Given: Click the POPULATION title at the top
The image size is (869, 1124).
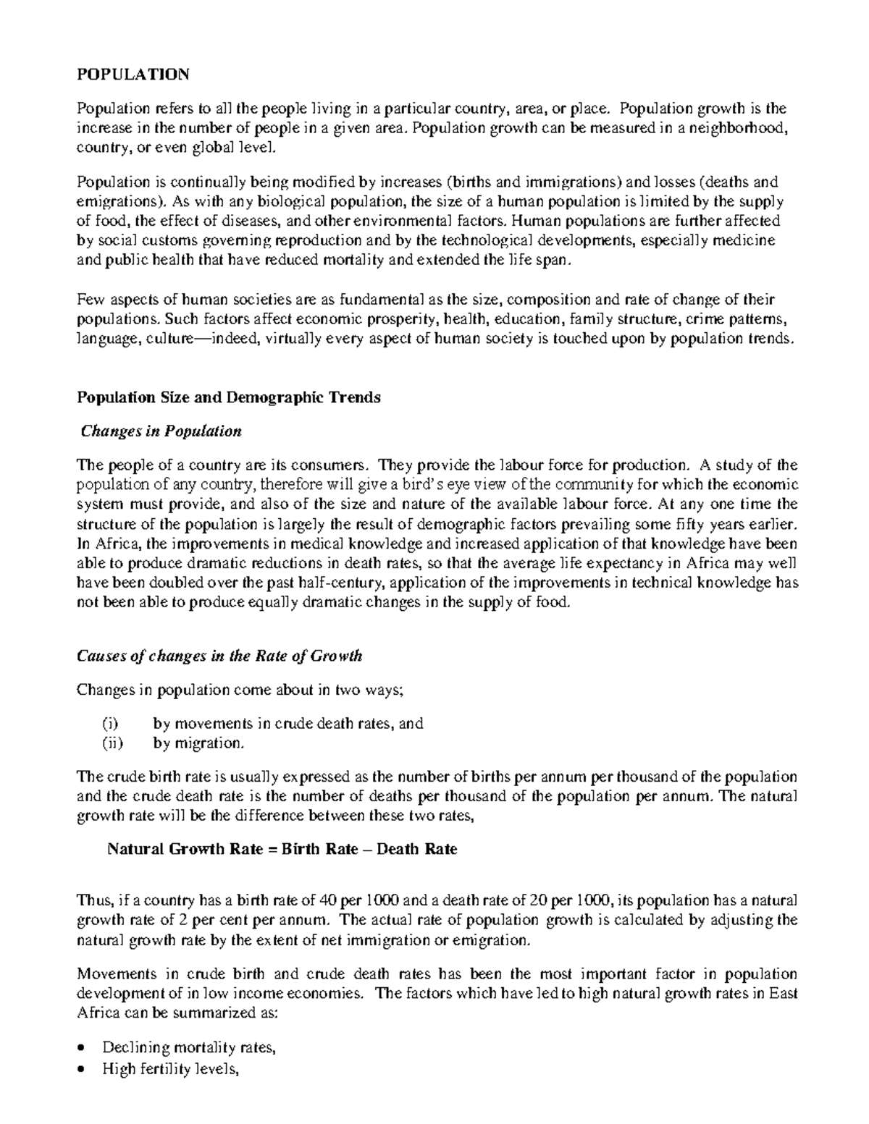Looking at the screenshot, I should (133, 75).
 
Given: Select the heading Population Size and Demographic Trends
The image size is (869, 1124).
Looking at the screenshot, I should (228, 397).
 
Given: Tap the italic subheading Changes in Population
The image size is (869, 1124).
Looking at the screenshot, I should (161, 431).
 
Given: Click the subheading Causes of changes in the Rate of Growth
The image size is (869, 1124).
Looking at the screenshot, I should (219, 656).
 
